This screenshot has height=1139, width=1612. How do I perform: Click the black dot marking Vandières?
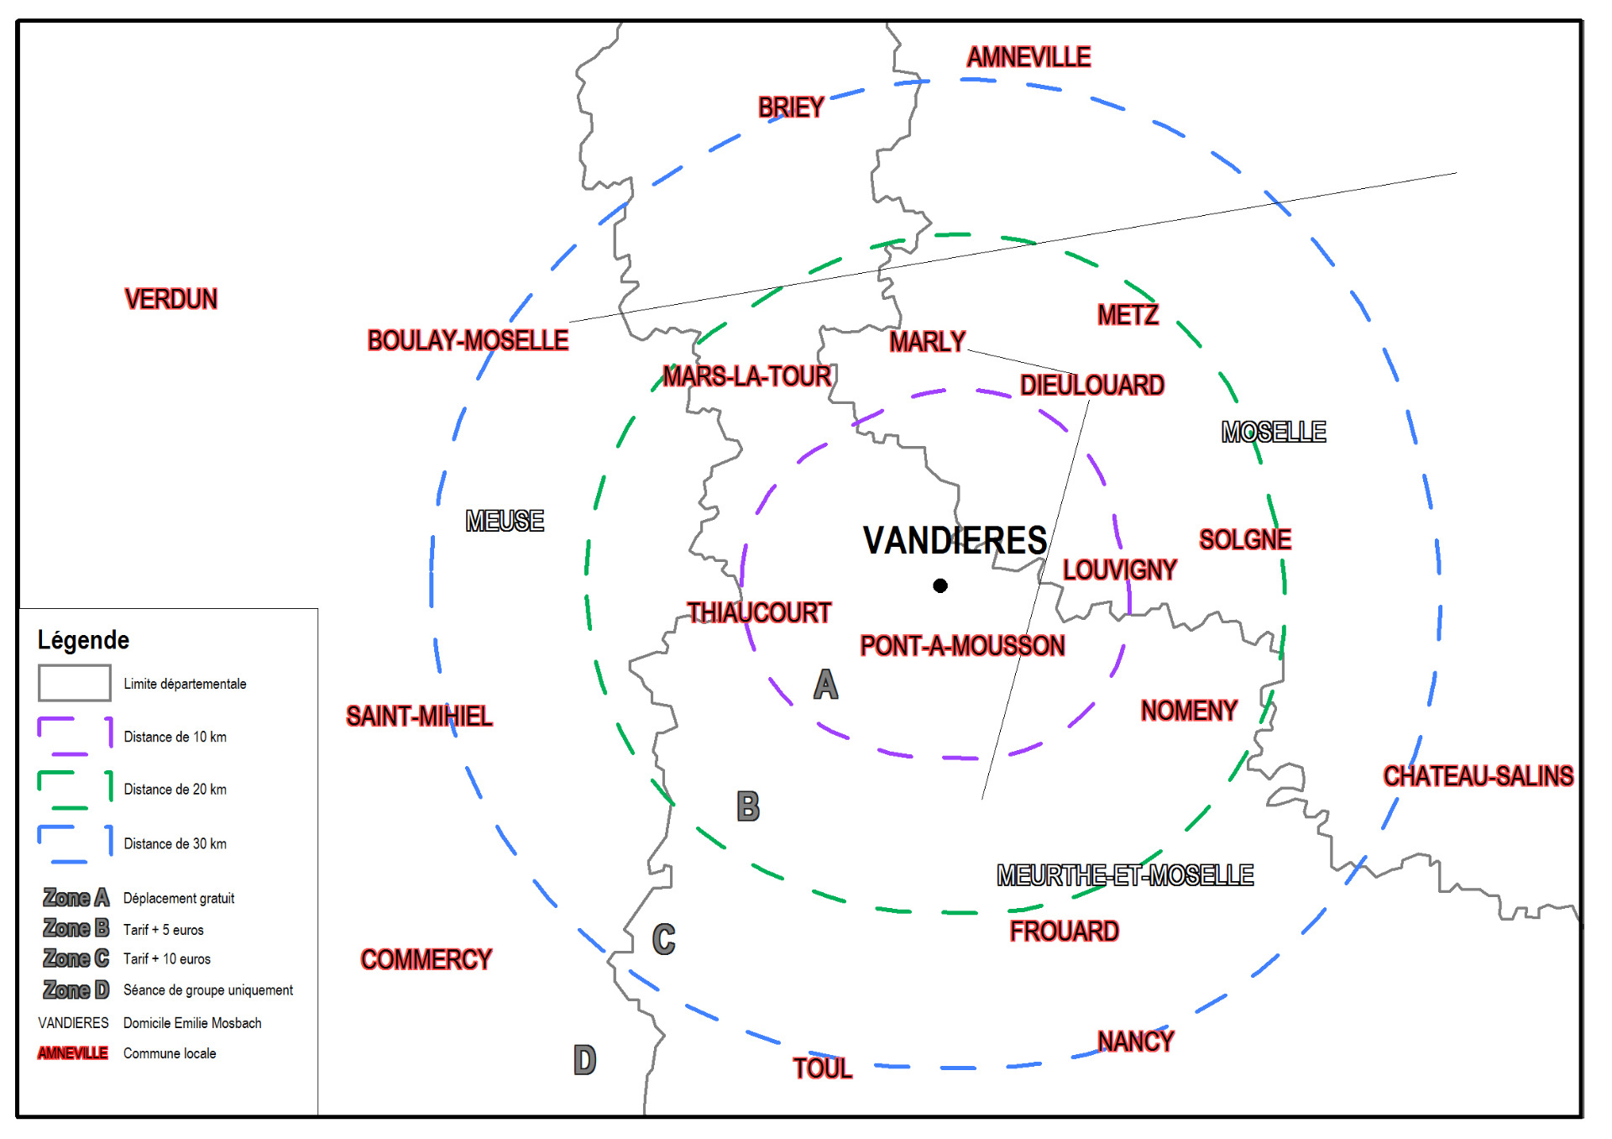pyautogui.click(x=940, y=585)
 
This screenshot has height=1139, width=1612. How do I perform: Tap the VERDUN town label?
pyautogui.click(x=171, y=299)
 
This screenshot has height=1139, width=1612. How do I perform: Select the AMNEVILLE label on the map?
pyautogui.click(x=1028, y=57)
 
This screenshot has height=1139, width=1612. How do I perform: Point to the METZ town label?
pyautogui.click(x=1128, y=315)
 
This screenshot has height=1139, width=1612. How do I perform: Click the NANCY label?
pyautogui.click(x=1135, y=1042)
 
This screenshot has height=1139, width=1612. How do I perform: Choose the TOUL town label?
pyautogui.click(x=822, y=1068)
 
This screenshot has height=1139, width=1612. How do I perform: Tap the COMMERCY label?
pyautogui.click(x=426, y=959)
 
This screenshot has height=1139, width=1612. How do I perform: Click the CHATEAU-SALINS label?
pyautogui.click(x=1478, y=776)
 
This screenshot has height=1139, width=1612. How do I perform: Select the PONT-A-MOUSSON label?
pyautogui.click(x=962, y=646)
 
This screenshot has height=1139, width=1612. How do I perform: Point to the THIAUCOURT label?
pyautogui.click(x=759, y=613)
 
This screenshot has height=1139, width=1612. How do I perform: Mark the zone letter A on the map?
pyautogui.click(x=825, y=685)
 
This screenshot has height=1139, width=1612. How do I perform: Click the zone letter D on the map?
pyautogui.click(x=584, y=1060)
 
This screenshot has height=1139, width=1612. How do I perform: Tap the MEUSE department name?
pyautogui.click(x=505, y=521)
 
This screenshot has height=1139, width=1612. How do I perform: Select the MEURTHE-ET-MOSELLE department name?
pyautogui.click(x=1125, y=875)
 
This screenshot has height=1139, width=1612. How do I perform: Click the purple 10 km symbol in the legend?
pyautogui.click(x=75, y=736)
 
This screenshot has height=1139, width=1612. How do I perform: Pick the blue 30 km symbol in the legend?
pyautogui.click(x=75, y=843)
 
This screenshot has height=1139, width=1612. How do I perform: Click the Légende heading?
pyautogui.click(x=83, y=640)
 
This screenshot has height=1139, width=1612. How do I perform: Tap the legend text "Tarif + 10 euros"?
pyautogui.click(x=167, y=959)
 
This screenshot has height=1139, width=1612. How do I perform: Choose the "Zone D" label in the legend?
pyautogui.click(x=76, y=990)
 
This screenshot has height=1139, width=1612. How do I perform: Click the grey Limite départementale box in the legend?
pyautogui.click(x=74, y=683)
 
